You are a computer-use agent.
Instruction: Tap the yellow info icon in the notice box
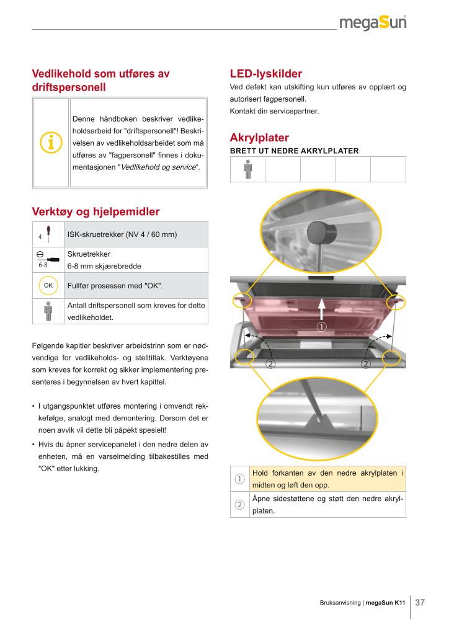pos(50,142)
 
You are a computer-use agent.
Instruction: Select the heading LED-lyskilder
pos(265,74)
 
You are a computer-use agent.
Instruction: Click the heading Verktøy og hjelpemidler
pos(96,212)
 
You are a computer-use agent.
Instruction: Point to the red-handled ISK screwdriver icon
pos(48,234)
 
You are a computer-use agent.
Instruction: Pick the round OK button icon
pos(48,285)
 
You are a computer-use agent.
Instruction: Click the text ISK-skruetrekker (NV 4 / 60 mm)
pos(122,234)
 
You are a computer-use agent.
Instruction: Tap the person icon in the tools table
pos(48,311)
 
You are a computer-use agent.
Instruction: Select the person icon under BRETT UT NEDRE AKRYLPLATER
pos(247,169)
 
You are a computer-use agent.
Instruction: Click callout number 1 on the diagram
pos(321,327)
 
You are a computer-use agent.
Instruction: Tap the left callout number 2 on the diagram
pos(270,363)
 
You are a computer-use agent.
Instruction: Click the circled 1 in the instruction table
pos(239,479)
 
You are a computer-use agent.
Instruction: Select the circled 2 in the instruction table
pos(239,505)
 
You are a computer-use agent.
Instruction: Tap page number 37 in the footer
pos(420,602)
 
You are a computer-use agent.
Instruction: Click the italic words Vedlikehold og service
pos(158,167)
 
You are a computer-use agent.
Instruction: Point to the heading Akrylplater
pos(259,137)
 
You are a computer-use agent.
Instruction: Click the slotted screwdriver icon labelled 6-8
pos(48,258)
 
